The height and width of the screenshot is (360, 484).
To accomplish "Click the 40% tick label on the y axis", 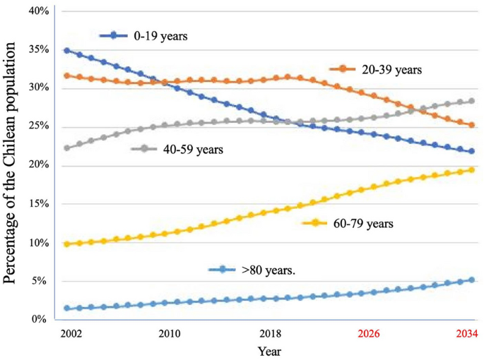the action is (x=39, y=11).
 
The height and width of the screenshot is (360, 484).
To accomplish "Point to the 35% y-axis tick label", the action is (x=39, y=49).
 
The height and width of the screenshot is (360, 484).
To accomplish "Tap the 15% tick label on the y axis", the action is (x=39, y=203).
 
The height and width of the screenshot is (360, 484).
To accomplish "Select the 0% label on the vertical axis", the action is (x=39, y=318).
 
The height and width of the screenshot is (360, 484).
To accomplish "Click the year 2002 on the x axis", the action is (x=71, y=334).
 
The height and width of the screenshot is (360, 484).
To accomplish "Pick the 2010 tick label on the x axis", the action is (x=170, y=334).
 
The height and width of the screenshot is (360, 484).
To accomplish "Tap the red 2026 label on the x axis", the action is (x=369, y=334).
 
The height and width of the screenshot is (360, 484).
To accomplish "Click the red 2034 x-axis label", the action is (x=467, y=334).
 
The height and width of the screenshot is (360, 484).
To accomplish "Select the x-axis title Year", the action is (x=269, y=352).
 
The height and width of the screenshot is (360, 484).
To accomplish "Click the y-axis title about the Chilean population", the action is (x=9, y=163).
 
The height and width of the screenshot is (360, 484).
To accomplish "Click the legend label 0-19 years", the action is (x=160, y=36).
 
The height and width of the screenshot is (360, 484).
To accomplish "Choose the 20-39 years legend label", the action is (x=391, y=70).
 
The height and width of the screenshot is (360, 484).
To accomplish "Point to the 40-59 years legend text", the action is (x=193, y=150).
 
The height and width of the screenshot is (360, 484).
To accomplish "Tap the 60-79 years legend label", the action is (x=363, y=223).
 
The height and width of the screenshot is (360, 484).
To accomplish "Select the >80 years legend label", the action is (x=268, y=270).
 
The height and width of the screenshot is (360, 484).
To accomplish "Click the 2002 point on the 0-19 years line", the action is (x=66, y=51).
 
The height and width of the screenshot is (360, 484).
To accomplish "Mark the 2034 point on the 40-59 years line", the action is (x=472, y=101).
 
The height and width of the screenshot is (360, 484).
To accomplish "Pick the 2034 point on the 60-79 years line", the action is (x=472, y=170).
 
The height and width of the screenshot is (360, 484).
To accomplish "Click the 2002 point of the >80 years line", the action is (x=66, y=308).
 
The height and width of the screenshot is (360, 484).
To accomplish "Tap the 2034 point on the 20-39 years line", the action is (x=472, y=125).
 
